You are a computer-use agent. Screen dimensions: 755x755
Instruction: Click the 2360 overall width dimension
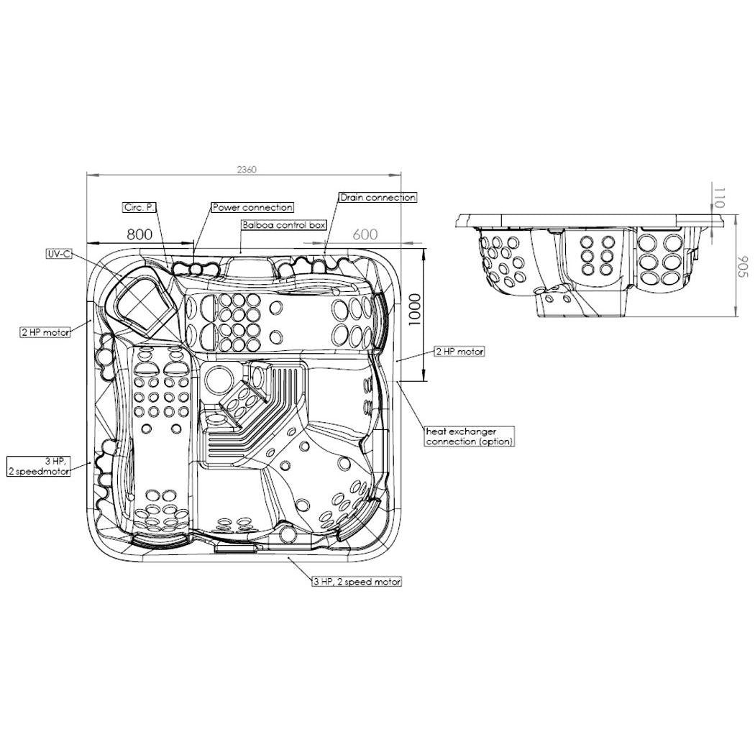tap(247, 170)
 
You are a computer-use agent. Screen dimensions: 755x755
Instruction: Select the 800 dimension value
tap(139, 234)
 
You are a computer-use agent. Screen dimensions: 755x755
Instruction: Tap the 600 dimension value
tap(365, 234)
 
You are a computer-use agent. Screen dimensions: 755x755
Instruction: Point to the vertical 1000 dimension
tap(415, 310)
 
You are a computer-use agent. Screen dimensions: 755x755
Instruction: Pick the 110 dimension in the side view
tap(719, 198)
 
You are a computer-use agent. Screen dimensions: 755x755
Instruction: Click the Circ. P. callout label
tap(139, 208)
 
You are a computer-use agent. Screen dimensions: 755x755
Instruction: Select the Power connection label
tap(252, 208)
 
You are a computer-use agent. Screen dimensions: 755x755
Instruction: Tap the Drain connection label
tap(377, 198)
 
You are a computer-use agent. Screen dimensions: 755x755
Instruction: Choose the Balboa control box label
tap(284, 225)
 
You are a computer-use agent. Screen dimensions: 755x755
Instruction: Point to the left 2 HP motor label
tap(45, 331)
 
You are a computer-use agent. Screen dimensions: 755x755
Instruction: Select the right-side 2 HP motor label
tap(459, 352)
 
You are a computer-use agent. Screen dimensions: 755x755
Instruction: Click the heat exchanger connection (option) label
tap(470, 436)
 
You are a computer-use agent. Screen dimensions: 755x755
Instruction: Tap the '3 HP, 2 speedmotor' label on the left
tap(39, 467)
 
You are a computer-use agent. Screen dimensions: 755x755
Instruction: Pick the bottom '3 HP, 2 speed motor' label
tap(357, 582)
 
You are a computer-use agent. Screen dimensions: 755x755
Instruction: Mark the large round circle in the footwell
tap(219, 380)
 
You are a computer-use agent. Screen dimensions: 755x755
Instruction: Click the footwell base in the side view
tap(581, 303)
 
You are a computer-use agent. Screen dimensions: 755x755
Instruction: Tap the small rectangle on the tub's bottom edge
tap(236, 548)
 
